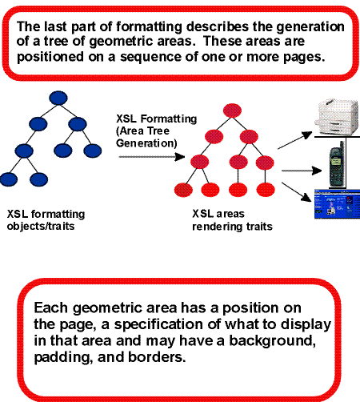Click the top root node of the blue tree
57,98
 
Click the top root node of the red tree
233,110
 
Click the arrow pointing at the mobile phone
295,171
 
